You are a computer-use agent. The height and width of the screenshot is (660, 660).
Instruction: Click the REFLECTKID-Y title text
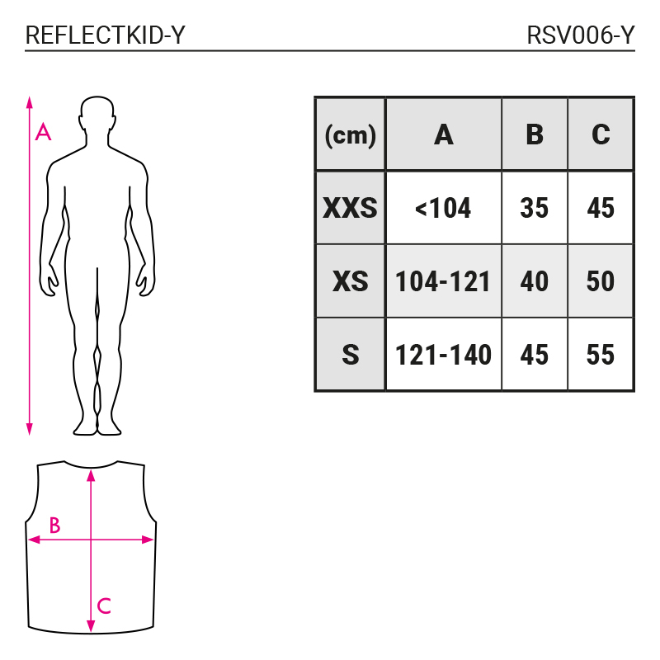(x=106, y=35)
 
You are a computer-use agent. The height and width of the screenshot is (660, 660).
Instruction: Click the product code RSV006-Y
(x=581, y=35)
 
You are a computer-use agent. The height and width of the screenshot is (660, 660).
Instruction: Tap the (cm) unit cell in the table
(x=350, y=135)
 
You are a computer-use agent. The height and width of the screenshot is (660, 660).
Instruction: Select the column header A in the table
(x=444, y=134)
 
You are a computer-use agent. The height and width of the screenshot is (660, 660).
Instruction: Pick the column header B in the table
(x=535, y=134)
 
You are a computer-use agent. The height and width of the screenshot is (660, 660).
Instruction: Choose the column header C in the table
(x=601, y=134)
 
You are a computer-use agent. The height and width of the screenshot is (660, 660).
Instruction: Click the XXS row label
(x=350, y=208)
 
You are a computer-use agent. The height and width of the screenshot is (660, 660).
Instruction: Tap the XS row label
(x=350, y=281)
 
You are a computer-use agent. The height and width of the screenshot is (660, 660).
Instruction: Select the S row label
(x=350, y=355)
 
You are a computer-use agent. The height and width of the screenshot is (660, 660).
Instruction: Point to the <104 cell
(x=443, y=208)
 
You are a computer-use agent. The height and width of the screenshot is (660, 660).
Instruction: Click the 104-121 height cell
(x=443, y=281)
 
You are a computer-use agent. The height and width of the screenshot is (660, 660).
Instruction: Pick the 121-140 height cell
(x=443, y=355)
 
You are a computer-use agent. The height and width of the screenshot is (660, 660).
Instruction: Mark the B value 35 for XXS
(x=534, y=208)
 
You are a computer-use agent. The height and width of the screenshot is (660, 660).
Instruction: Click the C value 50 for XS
(x=601, y=281)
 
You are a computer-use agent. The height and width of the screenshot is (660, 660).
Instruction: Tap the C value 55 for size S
(x=601, y=355)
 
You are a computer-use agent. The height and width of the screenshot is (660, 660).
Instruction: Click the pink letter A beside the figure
(x=43, y=132)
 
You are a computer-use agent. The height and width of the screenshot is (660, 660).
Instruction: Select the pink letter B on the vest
(x=54, y=525)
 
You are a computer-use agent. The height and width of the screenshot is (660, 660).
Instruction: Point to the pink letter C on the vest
(x=104, y=606)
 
